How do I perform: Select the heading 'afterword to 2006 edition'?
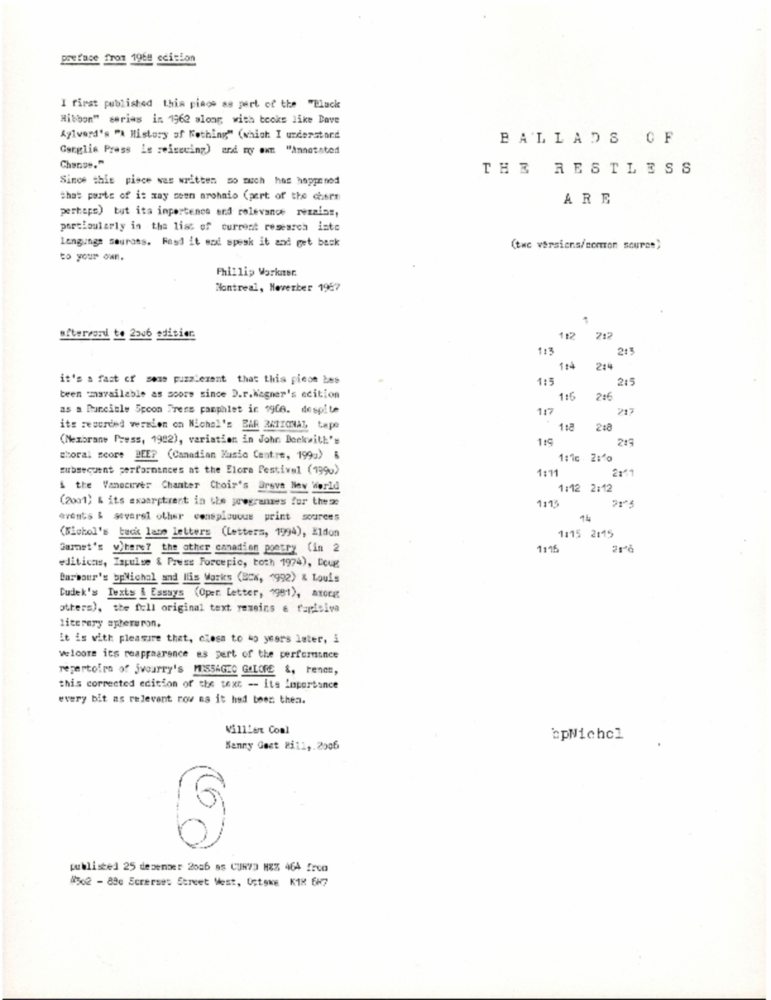click(x=127, y=333)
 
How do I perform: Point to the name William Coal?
click(x=257, y=729)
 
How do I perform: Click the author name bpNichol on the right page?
click(x=587, y=734)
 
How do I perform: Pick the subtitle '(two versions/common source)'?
click(x=586, y=245)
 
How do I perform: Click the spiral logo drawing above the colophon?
click(x=202, y=807)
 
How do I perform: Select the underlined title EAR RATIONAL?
click(x=275, y=424)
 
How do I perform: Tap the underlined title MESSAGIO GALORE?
click(x=233, y=669)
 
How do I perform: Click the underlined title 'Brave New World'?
click(x=299, y=485)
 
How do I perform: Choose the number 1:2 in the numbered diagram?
click(x=567, y=336)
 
